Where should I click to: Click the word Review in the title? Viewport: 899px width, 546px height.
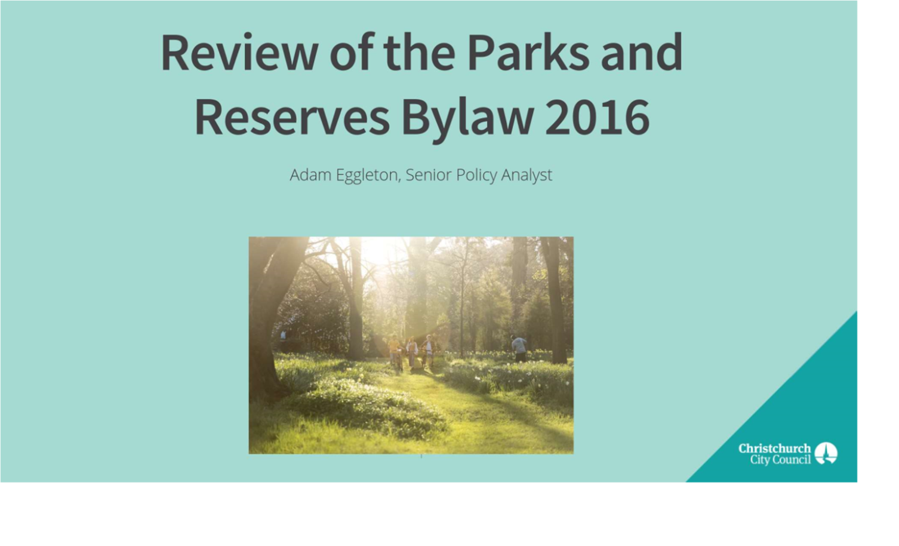coord(239,53)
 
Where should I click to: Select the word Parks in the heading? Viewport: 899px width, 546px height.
coord(528,53)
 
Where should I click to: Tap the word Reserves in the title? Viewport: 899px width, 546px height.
coord(292,117)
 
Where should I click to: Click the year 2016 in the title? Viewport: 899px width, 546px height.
coord(597,117)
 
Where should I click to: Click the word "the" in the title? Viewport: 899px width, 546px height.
coord(419,53)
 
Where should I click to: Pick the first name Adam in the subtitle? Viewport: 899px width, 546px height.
coord(310,175)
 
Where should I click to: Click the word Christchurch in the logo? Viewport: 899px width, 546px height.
coord(775,449)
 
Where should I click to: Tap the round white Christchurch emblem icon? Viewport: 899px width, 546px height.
coord(826,453)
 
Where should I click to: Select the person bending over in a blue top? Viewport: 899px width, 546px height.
coord(519,348)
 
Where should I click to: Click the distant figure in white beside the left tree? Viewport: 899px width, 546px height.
coord(284,335)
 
